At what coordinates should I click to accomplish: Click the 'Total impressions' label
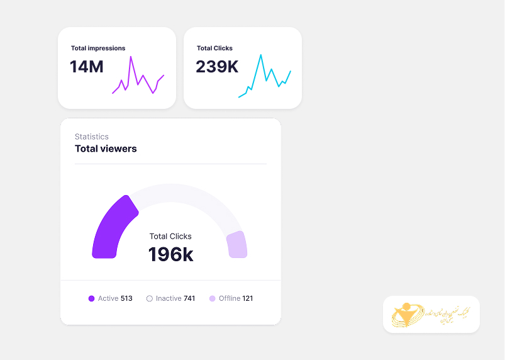coord(98,48)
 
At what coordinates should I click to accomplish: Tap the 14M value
coord(87,67)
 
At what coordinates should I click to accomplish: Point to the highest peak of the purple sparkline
coord(131,57)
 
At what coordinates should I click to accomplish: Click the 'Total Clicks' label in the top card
coord(214,48)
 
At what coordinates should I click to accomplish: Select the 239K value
coord(217,67)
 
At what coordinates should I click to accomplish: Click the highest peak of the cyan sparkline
coord(260,55)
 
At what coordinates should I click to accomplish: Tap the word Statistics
coord(92,137)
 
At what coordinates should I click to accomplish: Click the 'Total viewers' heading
coord(106,149)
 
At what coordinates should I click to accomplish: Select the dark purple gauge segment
coord(110,227)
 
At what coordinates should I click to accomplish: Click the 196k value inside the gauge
coord(170,254)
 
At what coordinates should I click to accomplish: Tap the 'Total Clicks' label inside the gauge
coord(170,237)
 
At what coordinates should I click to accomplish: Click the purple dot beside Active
coord(91,298)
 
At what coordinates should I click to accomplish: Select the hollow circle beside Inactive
coord(150,298)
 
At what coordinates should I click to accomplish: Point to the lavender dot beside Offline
coord(213,298)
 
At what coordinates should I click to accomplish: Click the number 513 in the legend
coord(126,298)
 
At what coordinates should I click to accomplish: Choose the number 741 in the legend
coord(189,298)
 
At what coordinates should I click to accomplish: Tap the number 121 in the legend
coord(248,298)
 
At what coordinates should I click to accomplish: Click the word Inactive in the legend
coord(169,298)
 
